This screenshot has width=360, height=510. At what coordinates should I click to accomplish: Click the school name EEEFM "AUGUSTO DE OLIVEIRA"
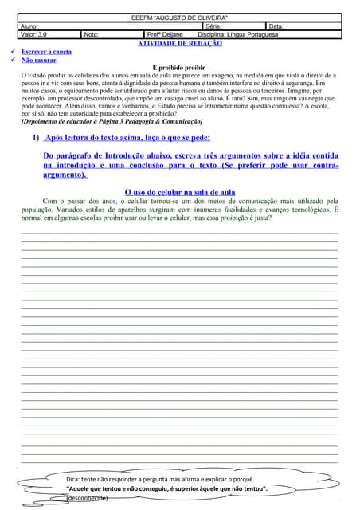[x=179, y=18]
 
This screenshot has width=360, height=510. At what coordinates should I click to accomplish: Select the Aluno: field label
[x=29, y=27]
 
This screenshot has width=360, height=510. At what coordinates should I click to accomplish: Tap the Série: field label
[x=215, y=27]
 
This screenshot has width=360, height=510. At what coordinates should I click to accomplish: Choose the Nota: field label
[x=92, y=35]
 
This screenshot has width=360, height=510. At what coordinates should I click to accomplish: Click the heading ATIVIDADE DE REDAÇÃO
[x=180, y=44]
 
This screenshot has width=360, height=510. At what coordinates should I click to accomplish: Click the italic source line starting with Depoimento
[x=112, y=121]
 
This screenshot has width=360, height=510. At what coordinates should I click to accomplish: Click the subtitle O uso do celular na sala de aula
[x=180, y=192]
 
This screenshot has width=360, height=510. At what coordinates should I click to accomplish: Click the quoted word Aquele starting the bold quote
[x=85, y=488]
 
